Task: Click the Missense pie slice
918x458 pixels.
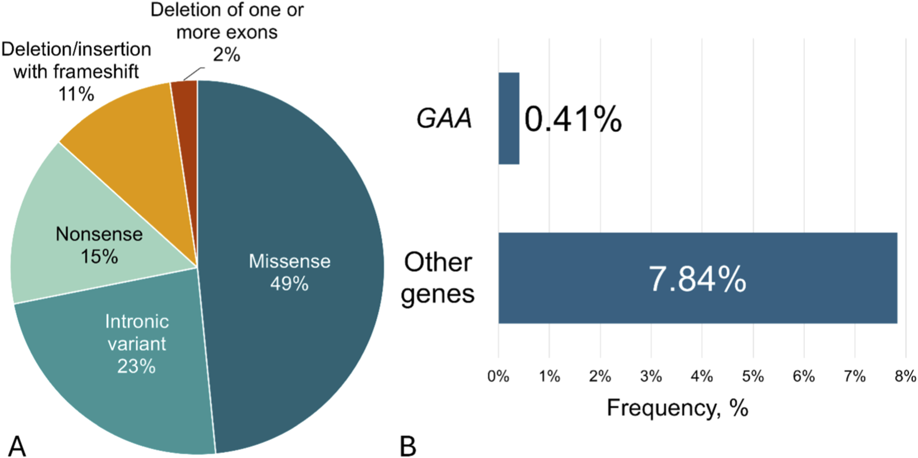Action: pyautogui.click(x=301, y=223)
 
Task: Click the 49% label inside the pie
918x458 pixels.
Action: pyautogui.click(x=289, y=284)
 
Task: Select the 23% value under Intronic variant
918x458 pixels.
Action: pyautogui.click(x=137, y=367)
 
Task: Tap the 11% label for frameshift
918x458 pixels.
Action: pyautogui.click(x=76, y=94)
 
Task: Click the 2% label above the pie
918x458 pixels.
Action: pyautogui.click(x=226, y=55)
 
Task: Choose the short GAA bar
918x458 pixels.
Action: pyautogui.click(x=509, y=118)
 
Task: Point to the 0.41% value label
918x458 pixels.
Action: pyautogui.click(x=573, y=119)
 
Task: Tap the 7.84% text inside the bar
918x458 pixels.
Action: pyautogui.click(x=697, y=279)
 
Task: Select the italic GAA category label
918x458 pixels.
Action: pyautogui.click(x=444, y=119)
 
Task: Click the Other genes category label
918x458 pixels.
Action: pyautogui.click(x=438, y=278)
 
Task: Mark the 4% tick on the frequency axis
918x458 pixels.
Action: pyautogui.click(x=702, y=377)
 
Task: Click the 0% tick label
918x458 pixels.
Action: pyautogui.click(x=498, y=377)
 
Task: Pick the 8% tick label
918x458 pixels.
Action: pyautogui.click(x=905, y=377)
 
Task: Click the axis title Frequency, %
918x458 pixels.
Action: pyautogui.click(x=677, y=408)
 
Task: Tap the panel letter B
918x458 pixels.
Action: pyautogui.click(x=408, y=447)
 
